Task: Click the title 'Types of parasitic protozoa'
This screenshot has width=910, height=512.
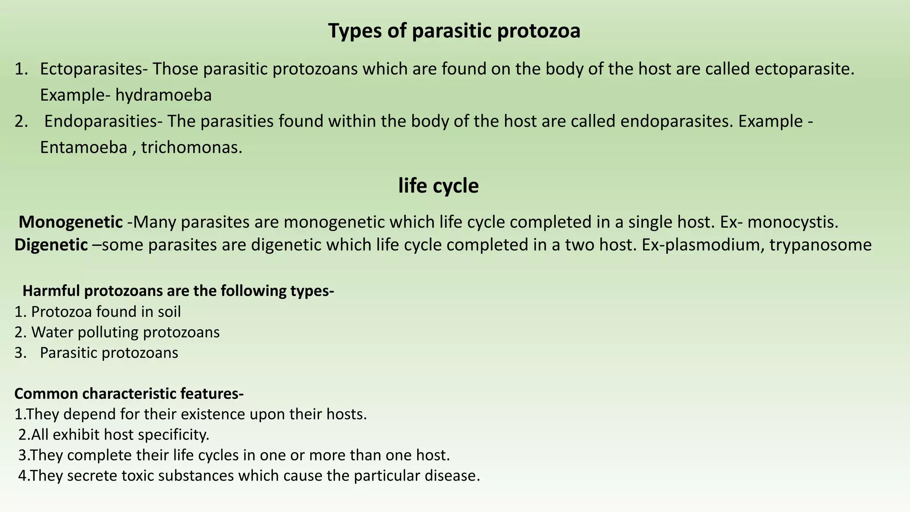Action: click(x=454, y=31)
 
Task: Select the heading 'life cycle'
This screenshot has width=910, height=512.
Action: click(x=438, y=186)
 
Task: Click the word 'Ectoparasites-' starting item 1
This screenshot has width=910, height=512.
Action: click(x=94, y=69)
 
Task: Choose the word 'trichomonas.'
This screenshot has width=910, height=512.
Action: click(x=192, y=148)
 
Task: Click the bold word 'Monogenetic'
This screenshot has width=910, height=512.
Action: click(x=71, y=222)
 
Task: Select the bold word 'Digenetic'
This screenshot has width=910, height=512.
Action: click(x=51, y=245)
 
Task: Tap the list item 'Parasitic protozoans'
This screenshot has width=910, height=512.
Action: click(x=109, y=353)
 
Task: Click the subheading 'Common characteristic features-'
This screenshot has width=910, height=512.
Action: click(x=129, y=394)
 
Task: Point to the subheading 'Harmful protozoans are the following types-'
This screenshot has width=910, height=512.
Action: click(x=178, y=291)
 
